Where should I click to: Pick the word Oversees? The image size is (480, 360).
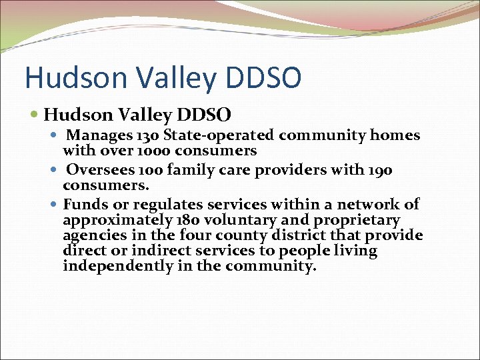96,170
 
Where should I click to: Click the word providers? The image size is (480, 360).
287,170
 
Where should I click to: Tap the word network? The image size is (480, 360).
369,205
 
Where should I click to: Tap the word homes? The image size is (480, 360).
396,135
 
